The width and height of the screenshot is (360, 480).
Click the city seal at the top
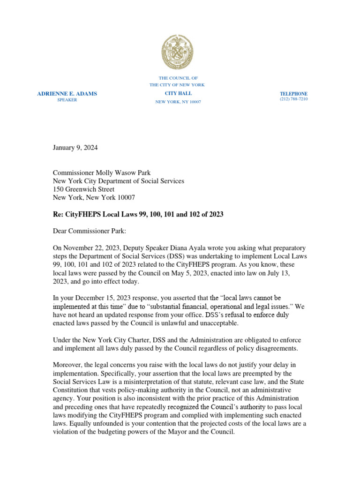click(x=177, y=52)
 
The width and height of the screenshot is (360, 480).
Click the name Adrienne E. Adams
click(x=67, y=94)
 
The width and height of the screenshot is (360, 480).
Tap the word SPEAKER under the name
click(x=67, y=100)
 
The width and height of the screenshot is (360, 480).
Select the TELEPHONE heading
click(x=293, y=94)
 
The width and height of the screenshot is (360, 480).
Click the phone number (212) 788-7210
click(x=293, y=100)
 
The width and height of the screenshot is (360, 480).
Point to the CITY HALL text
click(x=178, y=94)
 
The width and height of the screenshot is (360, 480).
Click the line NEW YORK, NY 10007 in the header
click(x=178, y=102)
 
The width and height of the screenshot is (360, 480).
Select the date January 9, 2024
click(x=75, y=148)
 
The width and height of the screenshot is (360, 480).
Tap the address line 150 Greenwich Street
click(x=83, y=189)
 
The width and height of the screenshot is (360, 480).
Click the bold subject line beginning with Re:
click(x=138, y=214)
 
